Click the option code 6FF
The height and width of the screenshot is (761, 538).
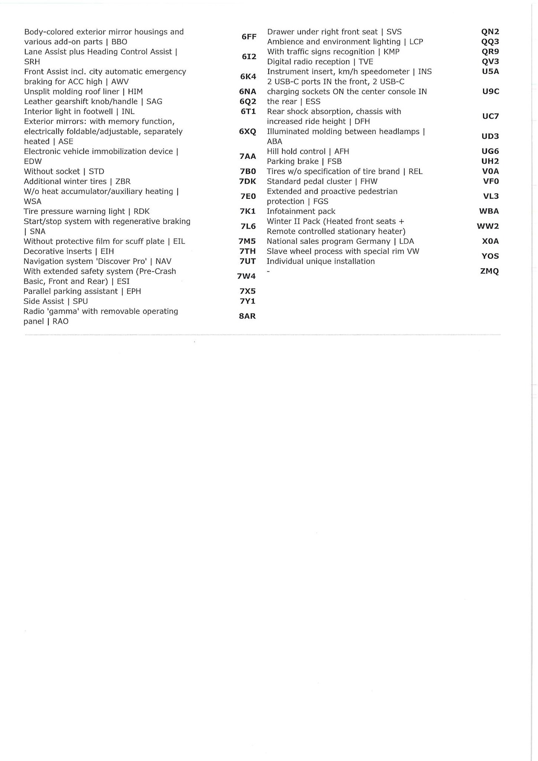point(249,37)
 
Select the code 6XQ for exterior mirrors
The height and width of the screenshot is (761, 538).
point(248,132)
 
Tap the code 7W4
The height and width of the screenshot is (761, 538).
point(246,276)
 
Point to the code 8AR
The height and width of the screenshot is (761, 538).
point(247,316)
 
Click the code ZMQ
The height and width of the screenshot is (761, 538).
point(490,271)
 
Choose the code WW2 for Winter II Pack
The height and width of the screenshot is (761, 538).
point(488,226)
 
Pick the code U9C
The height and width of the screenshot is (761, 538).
point(491,92)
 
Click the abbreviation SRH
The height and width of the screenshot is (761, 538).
point(32,62)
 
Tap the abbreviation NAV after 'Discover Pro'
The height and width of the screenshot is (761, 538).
point(164,262)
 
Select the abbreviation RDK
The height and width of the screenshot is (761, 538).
point(142,211)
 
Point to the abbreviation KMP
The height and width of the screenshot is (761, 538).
point(391,52)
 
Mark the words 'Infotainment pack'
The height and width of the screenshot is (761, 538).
point(301,211)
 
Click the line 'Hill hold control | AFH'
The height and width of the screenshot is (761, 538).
point(308,151)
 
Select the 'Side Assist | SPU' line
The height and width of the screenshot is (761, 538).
point(55,301)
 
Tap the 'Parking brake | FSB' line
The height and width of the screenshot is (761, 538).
point(304,161)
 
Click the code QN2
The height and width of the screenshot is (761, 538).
point(490,32)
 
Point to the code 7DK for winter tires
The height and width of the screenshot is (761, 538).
point(247,182)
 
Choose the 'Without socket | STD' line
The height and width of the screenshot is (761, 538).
point(64,172)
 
